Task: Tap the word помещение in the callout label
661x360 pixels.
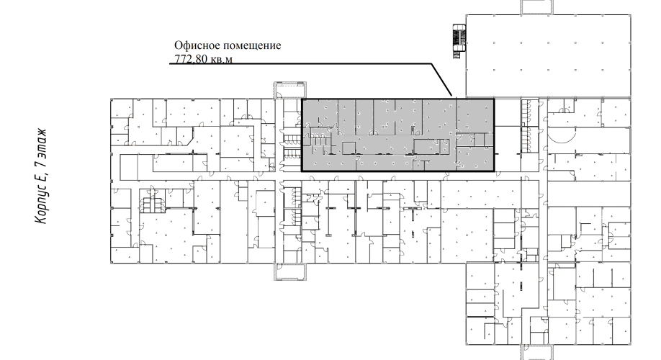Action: point(252,45)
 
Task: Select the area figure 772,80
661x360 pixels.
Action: point(191,58)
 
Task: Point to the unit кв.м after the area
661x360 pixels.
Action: point(221,59)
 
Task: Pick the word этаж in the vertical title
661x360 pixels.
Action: point(41,142)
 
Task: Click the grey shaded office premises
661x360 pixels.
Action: point(398,135)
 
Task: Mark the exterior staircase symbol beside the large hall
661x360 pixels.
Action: point(459,41)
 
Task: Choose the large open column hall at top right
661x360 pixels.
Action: point(548,55)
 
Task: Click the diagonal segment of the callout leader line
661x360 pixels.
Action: point(441,80)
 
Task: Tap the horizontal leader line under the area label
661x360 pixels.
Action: point(300,63)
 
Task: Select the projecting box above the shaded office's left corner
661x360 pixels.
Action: point(290,90)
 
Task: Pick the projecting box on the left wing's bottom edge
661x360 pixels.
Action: point(290,271)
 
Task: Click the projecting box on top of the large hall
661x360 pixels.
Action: point(536,7)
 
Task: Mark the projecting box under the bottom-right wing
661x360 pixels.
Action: point(536,352)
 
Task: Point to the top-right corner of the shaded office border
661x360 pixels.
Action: point(494,99)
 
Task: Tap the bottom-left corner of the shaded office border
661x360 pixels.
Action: point(302,171)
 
